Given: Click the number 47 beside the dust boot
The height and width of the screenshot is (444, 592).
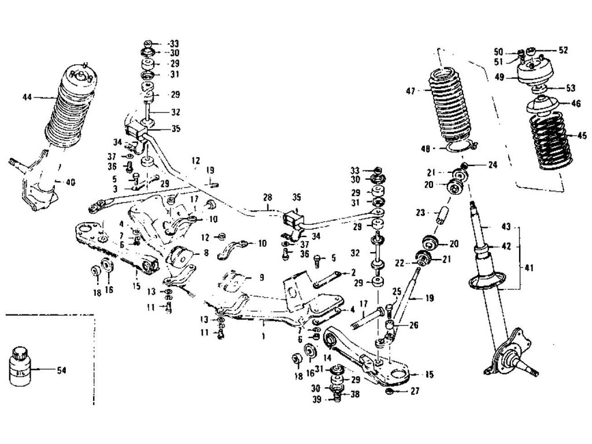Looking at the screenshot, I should click(x=410, y=90).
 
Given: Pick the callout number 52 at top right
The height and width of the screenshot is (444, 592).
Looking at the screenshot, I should click(x=563, y=50).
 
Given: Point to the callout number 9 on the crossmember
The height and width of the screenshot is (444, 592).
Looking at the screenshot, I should click(x=261, y=277).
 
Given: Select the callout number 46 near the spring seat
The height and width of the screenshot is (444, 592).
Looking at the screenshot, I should click(x=576, y=104).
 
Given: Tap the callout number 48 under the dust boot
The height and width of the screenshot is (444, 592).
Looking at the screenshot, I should click(x=425, y=148).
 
